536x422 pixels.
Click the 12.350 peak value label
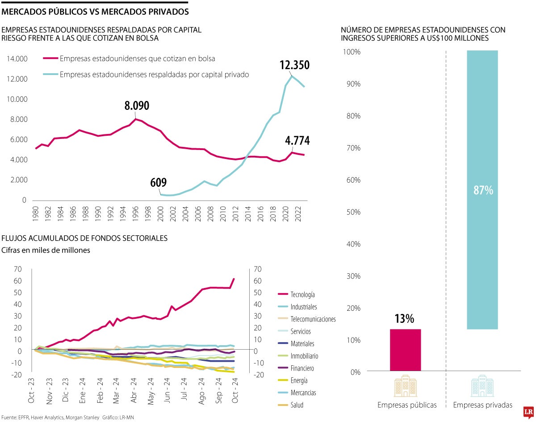pos(294,65)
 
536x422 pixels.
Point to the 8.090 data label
pos(137,106)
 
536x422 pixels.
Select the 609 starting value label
pos(158,183)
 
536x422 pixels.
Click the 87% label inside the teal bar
pos(483,190)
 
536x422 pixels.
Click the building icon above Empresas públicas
pos(406,386)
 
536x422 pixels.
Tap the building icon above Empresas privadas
pos(482,386)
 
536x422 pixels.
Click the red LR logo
pos(528,411)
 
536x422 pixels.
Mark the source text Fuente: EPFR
pos(18,417)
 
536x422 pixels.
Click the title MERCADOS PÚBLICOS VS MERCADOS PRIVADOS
pos(95,11)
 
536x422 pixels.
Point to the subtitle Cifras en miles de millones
pos(46,250)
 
